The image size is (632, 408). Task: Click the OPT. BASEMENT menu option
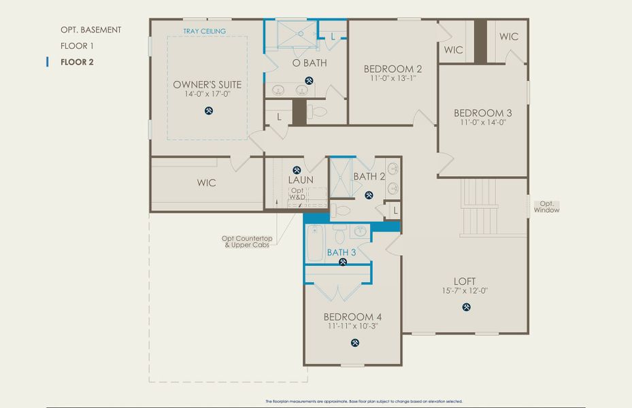[x=90, y=30]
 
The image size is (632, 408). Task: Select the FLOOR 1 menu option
[x=77, y=46]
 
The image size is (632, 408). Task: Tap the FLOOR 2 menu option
[x=77, y=63]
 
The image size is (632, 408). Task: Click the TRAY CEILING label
[x=205, y=31]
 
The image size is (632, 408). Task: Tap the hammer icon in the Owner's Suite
[x=209, y=111]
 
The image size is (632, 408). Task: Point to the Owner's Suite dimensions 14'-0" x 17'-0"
[x=207, y=95]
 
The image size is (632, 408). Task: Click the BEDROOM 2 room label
[x=393, y=69]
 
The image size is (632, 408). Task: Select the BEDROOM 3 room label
[x=483, y=113]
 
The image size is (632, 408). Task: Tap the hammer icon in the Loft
[x=467, y=307]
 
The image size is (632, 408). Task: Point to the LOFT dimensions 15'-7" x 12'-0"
[x=465, y=291]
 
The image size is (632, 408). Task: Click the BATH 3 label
[x=342, y=252]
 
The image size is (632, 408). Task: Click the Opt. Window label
[x=546, y=207]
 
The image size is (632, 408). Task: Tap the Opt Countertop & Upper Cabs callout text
[x=248, y=241]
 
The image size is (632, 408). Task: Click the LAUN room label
[x=301, y=180]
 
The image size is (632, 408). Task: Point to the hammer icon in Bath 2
[x=369, y=195]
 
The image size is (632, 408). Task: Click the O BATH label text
[x=310, y=63]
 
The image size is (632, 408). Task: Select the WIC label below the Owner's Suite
[x=206, y=183]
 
